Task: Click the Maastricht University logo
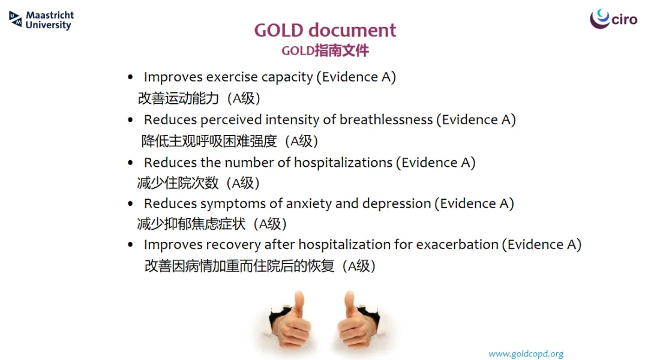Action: coord(41,20)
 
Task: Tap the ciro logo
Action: coord(613,19)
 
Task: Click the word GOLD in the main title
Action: coord(278,30)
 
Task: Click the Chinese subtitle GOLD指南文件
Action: coord(325,51)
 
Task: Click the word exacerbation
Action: coord(457,244)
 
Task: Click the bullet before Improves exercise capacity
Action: coord(130,77)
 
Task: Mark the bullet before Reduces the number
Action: coord(130,163)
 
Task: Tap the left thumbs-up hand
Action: coord(290,320)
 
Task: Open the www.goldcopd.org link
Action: coord(526,354)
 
